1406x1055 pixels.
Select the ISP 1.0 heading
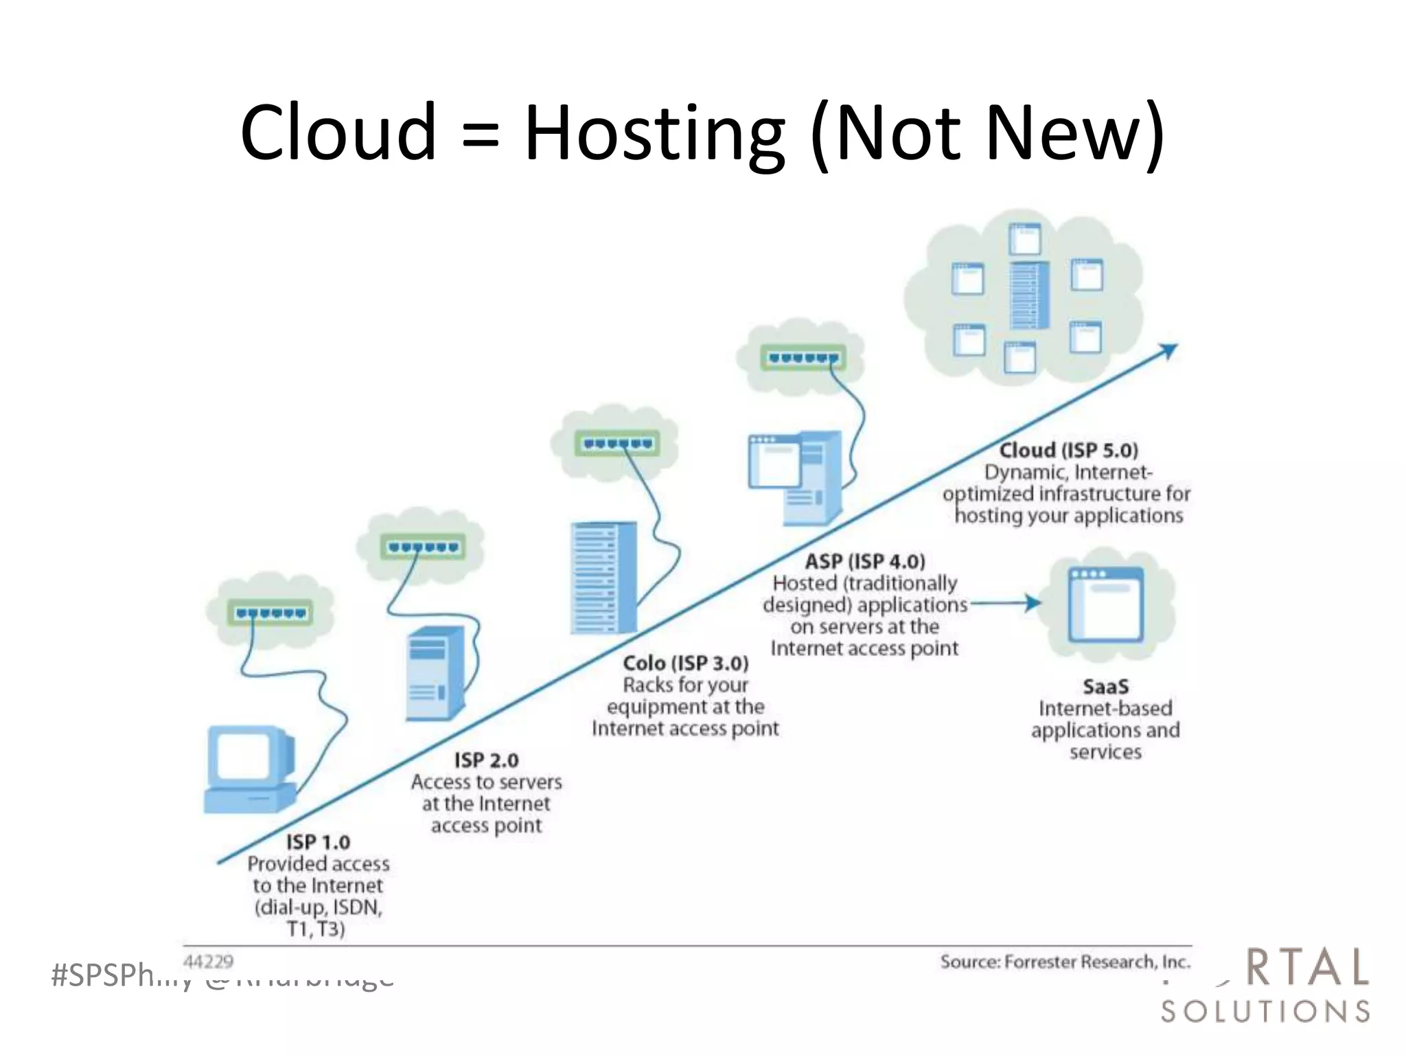318,842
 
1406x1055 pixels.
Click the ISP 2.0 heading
486,760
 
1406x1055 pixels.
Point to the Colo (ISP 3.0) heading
685,663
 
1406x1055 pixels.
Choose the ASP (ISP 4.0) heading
865,562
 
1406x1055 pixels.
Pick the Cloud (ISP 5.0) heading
1068,451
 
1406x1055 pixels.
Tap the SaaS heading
1105,686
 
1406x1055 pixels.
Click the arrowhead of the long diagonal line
1169,351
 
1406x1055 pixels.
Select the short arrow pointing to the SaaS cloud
1006,604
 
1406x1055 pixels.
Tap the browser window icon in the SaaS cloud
1105,604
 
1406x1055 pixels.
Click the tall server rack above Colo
603,578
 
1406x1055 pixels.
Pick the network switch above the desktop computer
270,613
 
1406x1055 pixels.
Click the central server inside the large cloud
1029,295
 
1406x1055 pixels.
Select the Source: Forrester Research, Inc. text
1065,962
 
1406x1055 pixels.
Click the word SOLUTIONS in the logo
1265,1011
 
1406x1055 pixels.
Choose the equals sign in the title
480,133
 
